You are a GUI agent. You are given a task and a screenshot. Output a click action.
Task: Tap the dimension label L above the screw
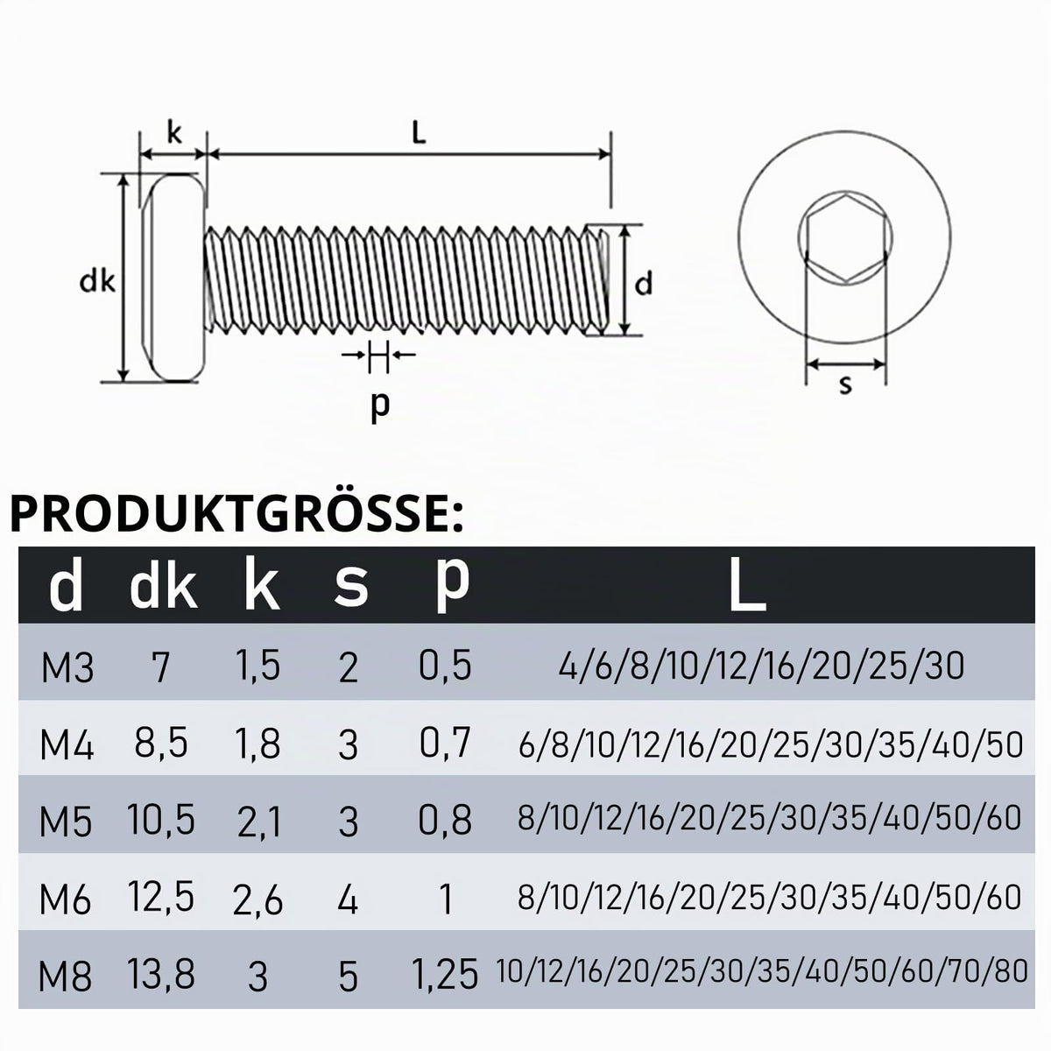tap(419, 134)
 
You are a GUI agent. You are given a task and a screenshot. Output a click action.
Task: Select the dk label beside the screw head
tap(97, 282)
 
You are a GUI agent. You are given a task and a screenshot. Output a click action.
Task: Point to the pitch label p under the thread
tap(380, 406)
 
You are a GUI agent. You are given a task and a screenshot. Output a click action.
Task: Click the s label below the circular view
tap(845, 385)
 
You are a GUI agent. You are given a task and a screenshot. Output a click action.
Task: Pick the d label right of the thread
tap(644, 285)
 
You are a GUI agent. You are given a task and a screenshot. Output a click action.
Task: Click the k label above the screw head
tap(174, 134)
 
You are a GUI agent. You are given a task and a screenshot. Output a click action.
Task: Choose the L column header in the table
tap(747, 584)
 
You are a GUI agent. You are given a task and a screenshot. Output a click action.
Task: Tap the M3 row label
tap(67, 667)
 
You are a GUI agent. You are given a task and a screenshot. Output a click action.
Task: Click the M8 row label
tap(65, 977)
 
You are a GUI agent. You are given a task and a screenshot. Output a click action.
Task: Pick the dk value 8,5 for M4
tap(161, 743)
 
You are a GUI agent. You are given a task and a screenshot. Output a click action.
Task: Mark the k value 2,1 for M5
tap(259, 822)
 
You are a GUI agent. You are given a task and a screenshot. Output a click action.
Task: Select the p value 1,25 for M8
tap(446, 975)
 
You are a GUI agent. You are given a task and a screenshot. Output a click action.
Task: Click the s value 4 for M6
tap(348, 900)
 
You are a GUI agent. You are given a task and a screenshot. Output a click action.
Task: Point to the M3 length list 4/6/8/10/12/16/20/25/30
tap(761, 666)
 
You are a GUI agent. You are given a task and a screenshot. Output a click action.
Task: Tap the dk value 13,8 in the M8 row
tap(161, 974)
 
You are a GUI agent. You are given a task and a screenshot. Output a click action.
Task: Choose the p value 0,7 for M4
tap(445, 743)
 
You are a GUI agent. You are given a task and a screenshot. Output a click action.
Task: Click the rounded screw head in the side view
tap(173, 279)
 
